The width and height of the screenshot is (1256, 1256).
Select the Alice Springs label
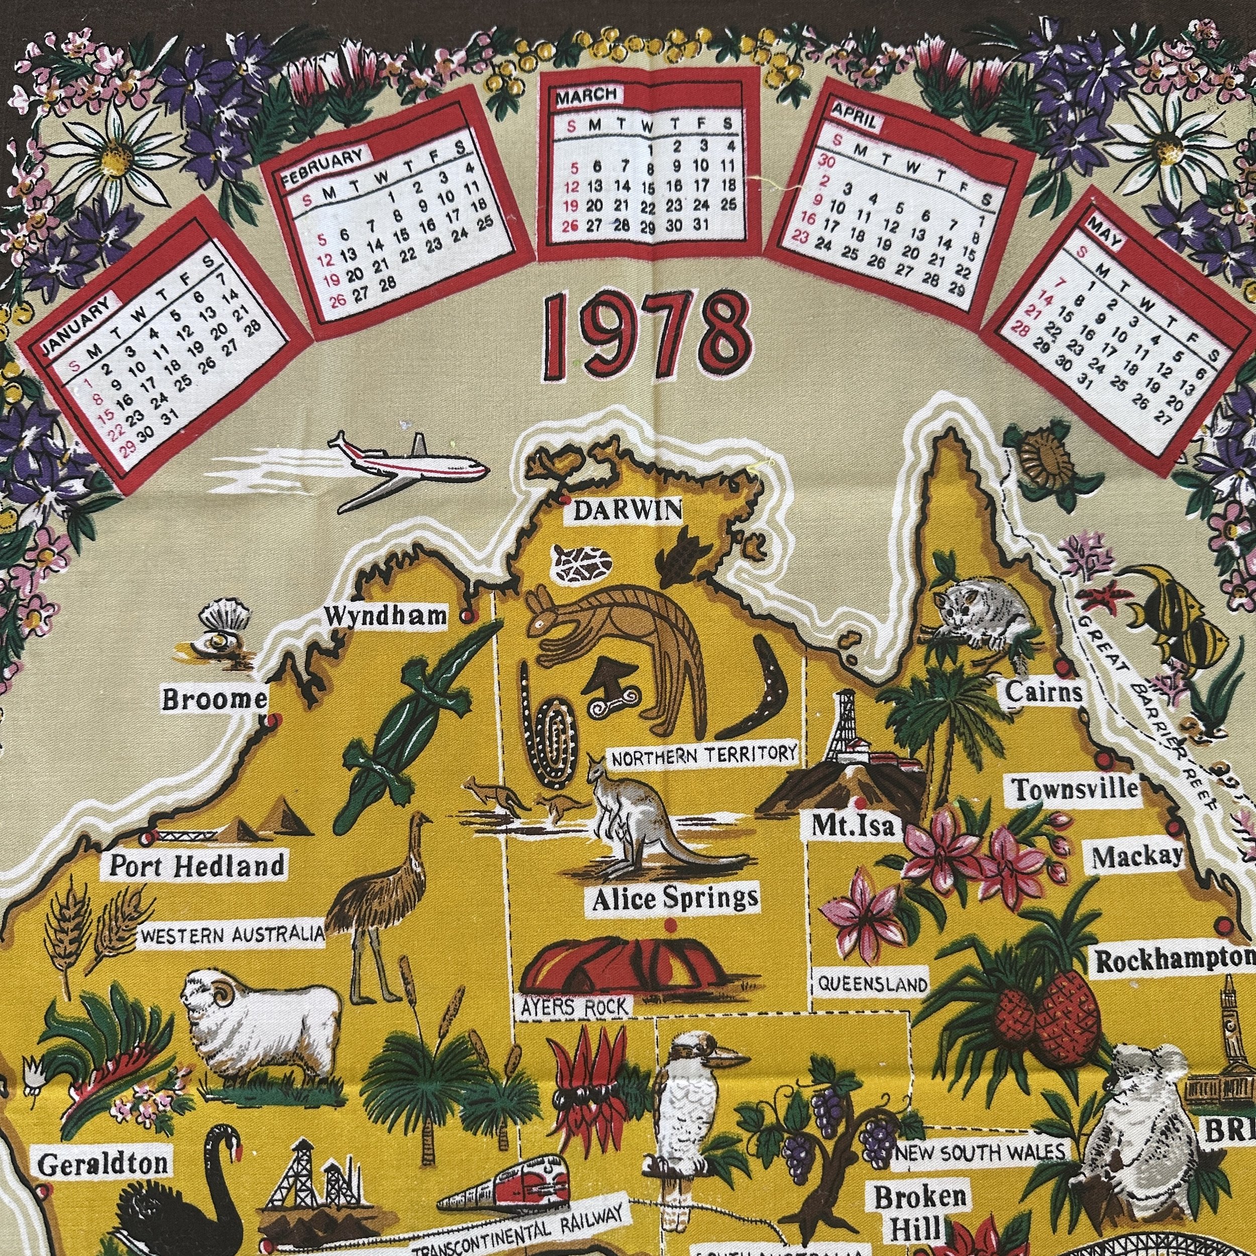click(x=675, y=899)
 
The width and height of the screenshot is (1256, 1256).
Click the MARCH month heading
click(x=586, y=95)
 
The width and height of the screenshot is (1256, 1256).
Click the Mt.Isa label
click(x=854, y=825)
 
